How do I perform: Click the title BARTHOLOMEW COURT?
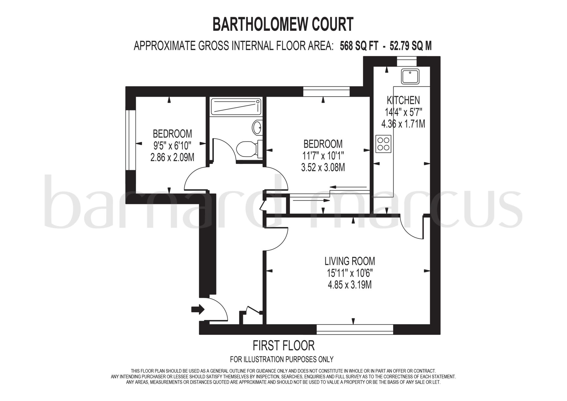[x=283, y=24]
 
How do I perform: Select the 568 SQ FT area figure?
[x=359, y=46]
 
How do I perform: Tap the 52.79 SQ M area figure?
[x=411, y=46]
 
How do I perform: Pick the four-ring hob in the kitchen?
[x=383, y=144]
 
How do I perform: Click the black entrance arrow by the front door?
[x=198, y=309]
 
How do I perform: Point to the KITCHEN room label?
[x=403, y=100]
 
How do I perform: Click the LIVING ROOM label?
[x=350, y=261]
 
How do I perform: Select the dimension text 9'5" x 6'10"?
[x=172, y=146]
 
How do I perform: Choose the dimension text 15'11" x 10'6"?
[x=350, y=273]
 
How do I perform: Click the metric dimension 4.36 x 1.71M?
[x=403, y=124]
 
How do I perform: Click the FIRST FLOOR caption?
[x=283, y=346]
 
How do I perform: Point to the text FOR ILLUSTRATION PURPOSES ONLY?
[x=282, y=359]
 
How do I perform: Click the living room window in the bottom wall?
[x=355, y=329]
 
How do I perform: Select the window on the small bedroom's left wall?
[x=131, y=140]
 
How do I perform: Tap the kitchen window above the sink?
[x=407, y=61]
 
